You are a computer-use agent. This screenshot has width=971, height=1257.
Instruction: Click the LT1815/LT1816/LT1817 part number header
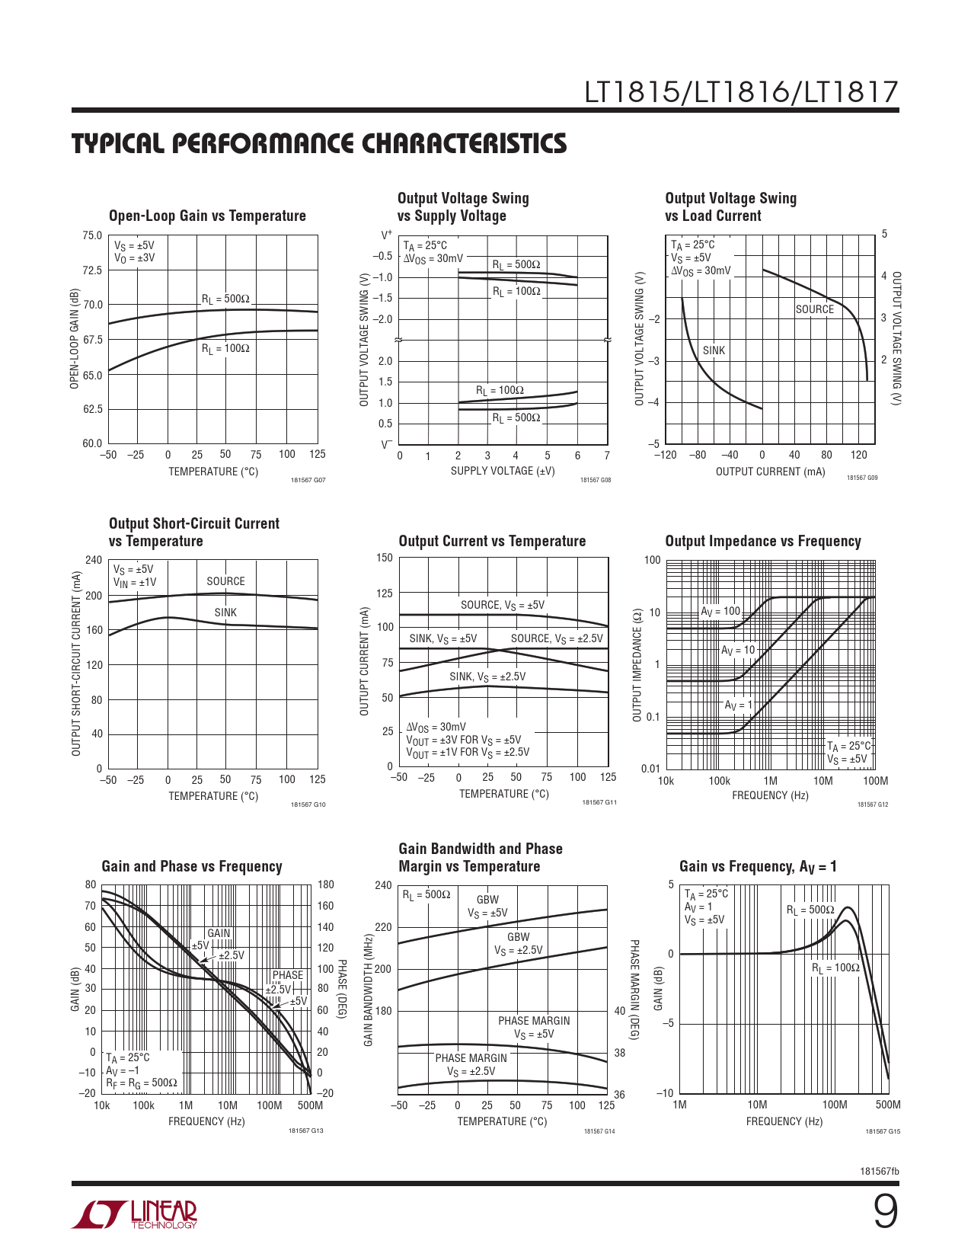741,93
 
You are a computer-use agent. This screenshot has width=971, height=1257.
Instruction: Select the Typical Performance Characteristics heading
319,144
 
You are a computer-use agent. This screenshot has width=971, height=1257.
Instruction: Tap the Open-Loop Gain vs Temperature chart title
207,216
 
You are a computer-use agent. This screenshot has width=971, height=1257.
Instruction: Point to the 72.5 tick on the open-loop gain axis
92,270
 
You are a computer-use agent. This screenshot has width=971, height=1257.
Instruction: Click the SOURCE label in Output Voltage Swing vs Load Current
814,309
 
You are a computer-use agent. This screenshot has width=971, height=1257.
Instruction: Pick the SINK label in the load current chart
714,350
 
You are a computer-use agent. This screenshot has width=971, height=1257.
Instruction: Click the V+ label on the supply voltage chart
387,235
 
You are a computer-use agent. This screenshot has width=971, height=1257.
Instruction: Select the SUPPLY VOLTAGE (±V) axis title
503,471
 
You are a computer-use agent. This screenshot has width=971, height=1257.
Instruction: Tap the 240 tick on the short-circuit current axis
93,560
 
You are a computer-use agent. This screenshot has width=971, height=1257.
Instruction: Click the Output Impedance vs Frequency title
762,541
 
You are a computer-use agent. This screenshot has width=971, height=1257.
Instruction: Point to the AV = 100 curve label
720,611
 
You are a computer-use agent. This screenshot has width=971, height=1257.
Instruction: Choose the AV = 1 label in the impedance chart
737,705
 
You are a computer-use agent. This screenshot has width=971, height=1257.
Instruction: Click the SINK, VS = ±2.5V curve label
487,676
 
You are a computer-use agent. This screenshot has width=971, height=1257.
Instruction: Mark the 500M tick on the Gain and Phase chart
310,1105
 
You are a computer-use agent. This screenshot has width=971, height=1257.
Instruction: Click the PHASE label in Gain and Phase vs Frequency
288,975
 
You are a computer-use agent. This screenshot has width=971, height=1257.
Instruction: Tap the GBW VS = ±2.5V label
518,944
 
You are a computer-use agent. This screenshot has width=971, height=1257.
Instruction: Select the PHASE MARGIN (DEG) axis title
634,989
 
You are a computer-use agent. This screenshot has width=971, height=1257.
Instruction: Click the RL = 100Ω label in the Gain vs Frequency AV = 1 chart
835,968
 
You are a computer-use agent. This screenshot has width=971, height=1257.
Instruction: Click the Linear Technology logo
135,1214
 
